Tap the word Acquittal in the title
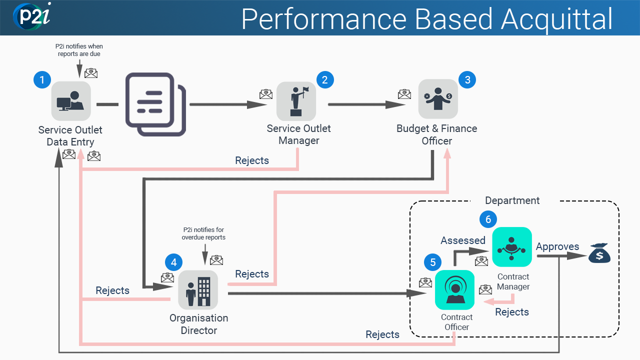[x=557, y=19]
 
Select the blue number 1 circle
[x=42, y=80]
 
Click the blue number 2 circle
[x=325, y=80]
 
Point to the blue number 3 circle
[x=467, y=80]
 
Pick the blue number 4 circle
[x=173, y=262]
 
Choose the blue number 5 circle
[x=433, y=262]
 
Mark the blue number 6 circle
[x=488, y=219]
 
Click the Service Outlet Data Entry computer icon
[x=71, y=101]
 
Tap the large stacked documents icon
[x=155, y=104]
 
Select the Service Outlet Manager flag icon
[x=296, y=101]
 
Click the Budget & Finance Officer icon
[x=438, y=98]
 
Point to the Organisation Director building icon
[x=198, y=290]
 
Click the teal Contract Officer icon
[x=454, y=289]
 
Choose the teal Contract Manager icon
[x=511, y=247]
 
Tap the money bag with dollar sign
[x=599, y=253]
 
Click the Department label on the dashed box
[x=512, y=200]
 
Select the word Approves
[x=557, y=246]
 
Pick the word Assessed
[x=462, y=240]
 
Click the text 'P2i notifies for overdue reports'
[x=203, y=233]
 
